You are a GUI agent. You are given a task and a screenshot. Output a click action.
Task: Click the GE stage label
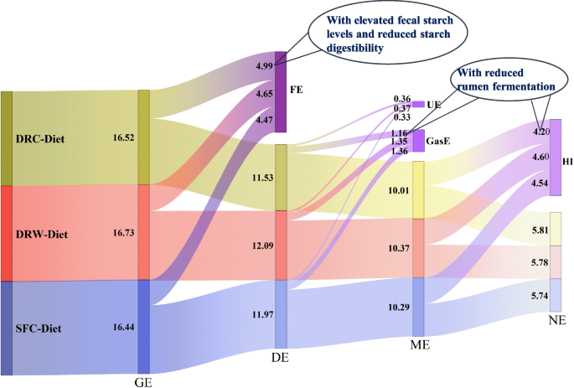pyautogui.click(x=144, y=380)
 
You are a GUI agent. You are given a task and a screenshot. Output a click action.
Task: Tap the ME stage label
pyautogui.click(x=419, y=344)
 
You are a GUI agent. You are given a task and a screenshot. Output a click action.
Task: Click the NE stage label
pyautogui.click(x=556, y=320)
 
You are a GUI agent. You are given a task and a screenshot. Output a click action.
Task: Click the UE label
pyautogui.click(x=434, y=104)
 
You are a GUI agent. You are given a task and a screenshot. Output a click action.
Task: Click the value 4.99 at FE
pyautogui.click(x=264, y=65)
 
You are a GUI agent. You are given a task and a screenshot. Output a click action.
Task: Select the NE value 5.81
pyautogui.click(x=539, y=230)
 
